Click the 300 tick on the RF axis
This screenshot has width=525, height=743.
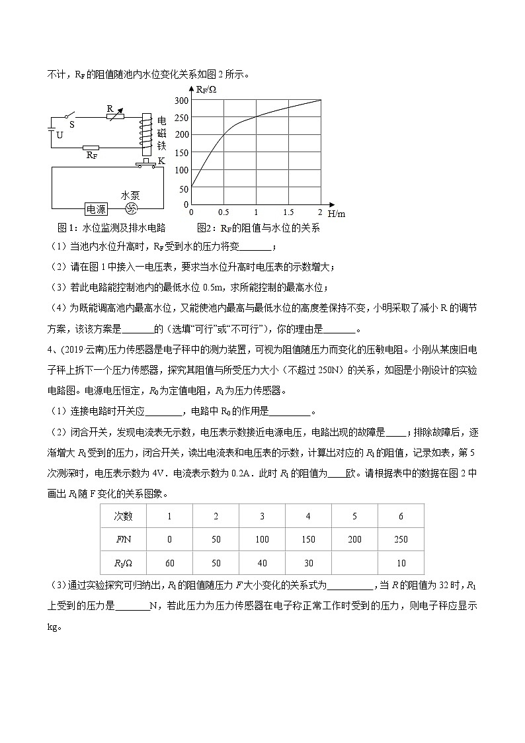(181, 101)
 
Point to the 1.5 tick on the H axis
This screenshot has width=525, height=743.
(288, 212)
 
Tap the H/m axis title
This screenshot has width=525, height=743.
(337, 214)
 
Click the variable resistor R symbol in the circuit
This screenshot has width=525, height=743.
(119, 116)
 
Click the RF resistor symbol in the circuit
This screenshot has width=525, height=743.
(91, 148)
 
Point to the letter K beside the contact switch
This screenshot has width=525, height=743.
(161, 161)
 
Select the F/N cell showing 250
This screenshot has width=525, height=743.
(401, 539)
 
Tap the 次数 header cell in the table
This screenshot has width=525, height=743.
(123, 516)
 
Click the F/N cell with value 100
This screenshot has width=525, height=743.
(262, 539)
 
